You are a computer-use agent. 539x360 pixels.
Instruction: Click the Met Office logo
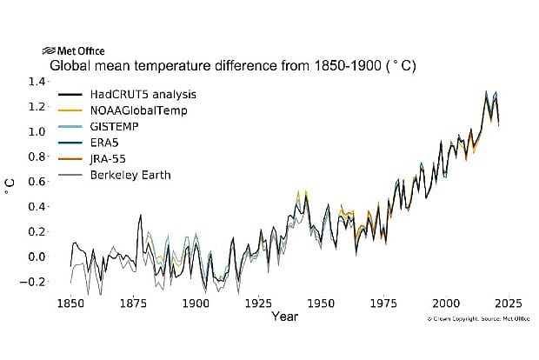73,51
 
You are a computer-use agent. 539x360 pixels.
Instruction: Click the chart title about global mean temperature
233,66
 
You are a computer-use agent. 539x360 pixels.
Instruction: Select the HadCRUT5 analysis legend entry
137,94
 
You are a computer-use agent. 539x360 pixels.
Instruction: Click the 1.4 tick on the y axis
37,81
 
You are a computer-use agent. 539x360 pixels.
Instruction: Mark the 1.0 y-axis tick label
37,131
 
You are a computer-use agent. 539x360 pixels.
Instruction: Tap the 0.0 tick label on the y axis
37,257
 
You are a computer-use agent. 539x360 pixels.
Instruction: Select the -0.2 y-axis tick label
35,282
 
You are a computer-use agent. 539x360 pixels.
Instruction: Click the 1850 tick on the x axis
70,304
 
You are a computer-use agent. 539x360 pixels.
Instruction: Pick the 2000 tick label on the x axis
446,304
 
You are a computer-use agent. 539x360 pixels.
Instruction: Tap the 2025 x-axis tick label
509,304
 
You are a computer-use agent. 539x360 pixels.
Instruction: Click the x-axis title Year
283,317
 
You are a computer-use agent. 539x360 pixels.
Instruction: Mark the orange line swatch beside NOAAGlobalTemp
70,110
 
